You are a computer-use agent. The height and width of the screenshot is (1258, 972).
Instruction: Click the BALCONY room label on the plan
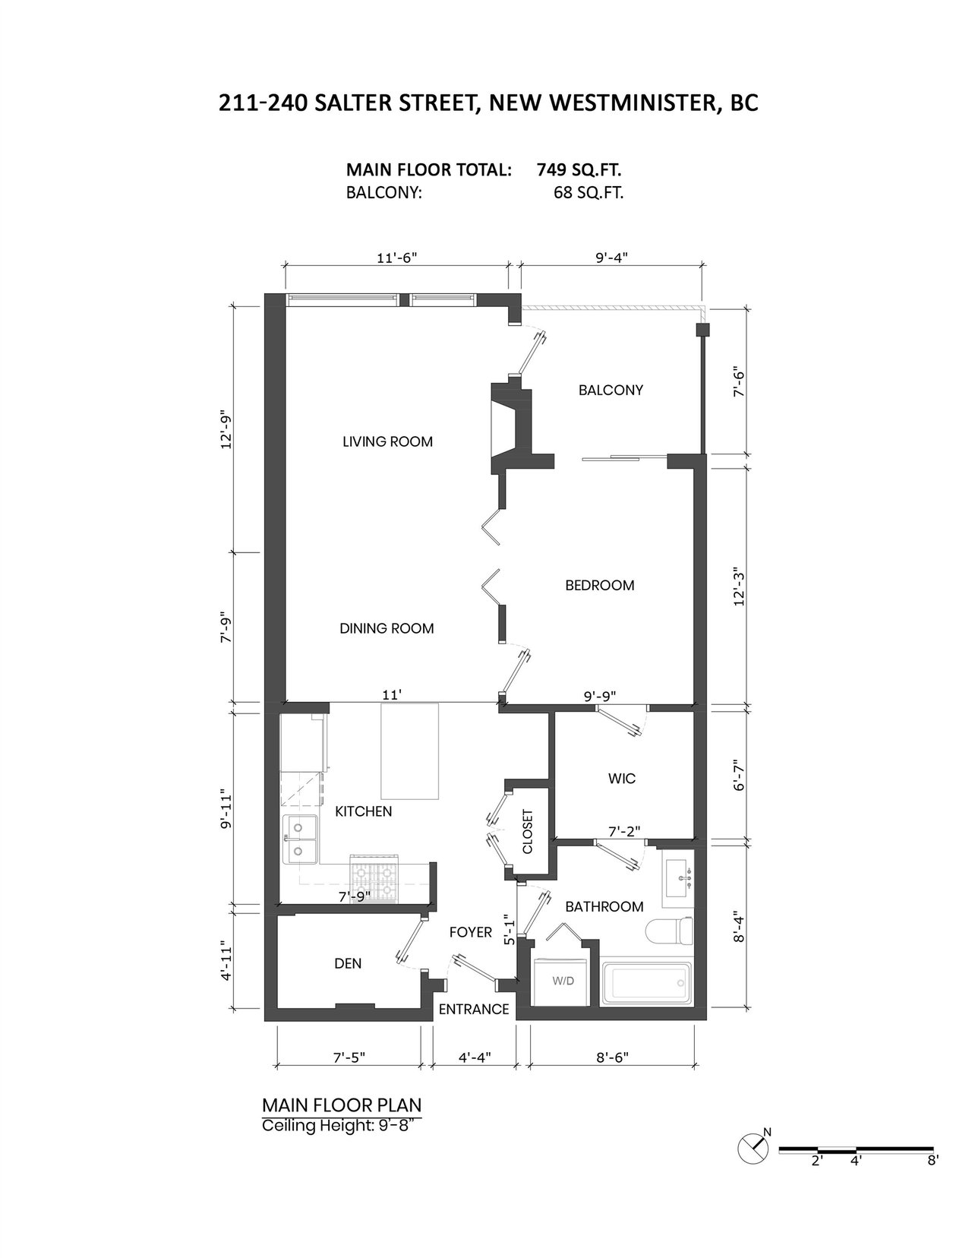coord(611,390)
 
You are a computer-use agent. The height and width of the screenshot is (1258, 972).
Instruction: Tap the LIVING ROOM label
coord(387,441)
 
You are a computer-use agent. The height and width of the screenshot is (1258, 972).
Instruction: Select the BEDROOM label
coord(599,585)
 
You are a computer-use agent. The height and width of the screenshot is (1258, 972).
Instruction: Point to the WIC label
coord(621,779)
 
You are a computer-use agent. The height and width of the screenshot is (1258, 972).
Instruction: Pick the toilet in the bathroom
coord(670,930)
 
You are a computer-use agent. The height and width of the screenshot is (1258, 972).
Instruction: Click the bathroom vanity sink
coord(677,879)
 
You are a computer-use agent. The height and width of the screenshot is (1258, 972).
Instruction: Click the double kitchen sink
coord(300,840)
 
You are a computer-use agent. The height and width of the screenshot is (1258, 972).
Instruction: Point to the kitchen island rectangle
coord(409,751)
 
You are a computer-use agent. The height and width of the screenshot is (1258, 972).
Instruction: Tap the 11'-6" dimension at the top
coord(397,258)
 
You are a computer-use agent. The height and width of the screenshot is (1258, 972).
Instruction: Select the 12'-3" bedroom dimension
coord(739,586)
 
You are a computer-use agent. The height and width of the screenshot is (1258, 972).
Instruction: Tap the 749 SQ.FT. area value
coord(579,170)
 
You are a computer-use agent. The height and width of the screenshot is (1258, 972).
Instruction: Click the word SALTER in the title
coord(354,103)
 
